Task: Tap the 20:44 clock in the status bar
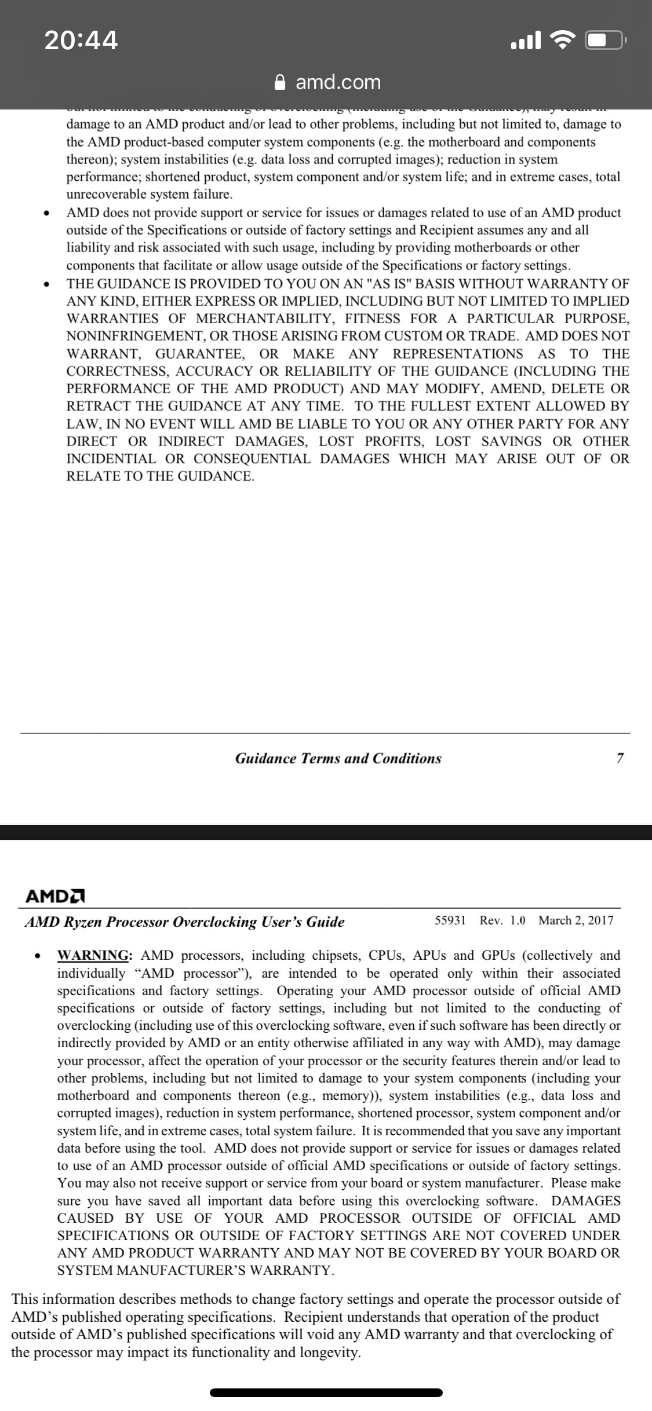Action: [81, 41]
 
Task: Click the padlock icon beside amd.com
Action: [280, 82]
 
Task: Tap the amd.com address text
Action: [338, 82]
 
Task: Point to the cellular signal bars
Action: [526, 41]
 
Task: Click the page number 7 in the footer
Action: [620, 758]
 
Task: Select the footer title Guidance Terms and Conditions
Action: [338, 758]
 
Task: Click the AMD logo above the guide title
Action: [56, 897]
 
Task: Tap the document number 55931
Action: [450, 920]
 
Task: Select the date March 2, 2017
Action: [575, 920]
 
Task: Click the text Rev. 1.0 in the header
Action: [502, 920]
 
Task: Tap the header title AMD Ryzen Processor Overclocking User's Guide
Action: [184, 922]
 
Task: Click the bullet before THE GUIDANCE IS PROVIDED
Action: [45, 284]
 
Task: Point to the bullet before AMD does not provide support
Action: [45, 213]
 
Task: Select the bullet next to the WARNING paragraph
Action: [37, 956]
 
